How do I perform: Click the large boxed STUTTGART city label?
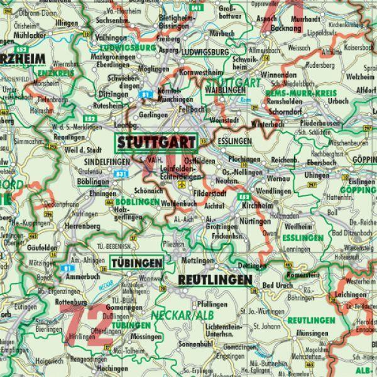click(x=155, y=141)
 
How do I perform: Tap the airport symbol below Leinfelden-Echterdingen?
click(x=182, y=186)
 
